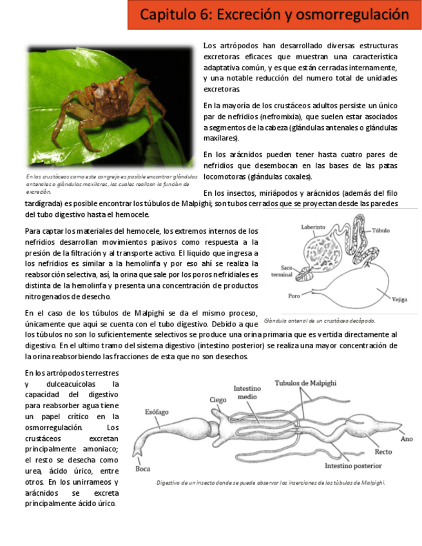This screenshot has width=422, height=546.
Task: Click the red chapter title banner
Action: point(274,15)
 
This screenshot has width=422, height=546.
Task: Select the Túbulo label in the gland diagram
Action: point(381,230)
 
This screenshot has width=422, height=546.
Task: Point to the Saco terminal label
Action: point(282,270)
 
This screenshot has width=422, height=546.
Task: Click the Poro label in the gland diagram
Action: point(294,296)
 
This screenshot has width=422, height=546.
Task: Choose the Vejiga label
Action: point(399,299)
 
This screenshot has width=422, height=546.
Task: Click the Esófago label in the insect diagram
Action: point(157,411)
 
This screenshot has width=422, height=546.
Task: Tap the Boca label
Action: point(143,469)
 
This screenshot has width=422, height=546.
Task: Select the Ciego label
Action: point(218,400)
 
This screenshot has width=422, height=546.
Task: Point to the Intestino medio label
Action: point(247,393)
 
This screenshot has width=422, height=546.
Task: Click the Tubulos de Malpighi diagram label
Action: point(305,383)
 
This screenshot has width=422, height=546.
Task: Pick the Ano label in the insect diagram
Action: point(407,439)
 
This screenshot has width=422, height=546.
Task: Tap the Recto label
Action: point(383,452)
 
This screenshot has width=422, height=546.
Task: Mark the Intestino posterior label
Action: point(353,466)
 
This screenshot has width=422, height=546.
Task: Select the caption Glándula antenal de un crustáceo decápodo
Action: point(320,320)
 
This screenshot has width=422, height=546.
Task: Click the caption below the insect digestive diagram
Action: point(271,482)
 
